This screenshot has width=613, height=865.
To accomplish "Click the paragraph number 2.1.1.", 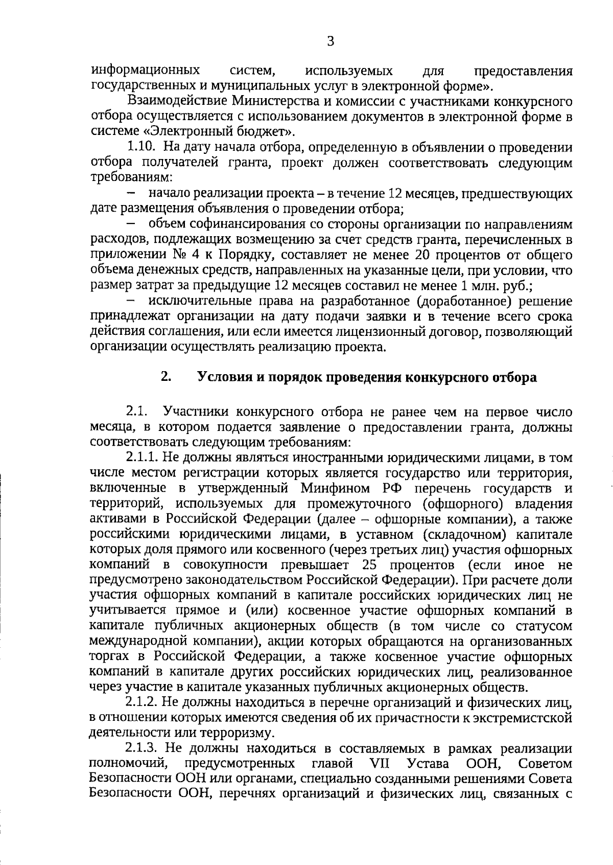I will click(x=145, y=458).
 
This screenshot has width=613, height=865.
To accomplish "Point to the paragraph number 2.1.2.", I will click(x=145, y=702).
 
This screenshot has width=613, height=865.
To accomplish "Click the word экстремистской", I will click(x=518, y=718).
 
